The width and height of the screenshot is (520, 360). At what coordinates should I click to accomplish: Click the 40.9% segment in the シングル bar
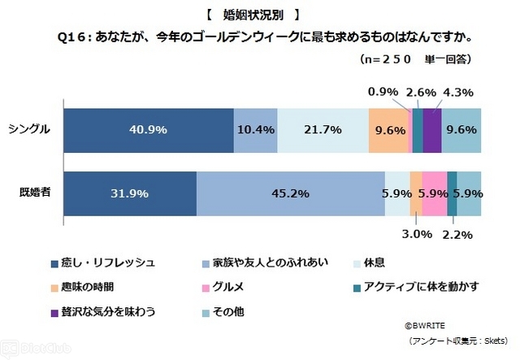(148, 129)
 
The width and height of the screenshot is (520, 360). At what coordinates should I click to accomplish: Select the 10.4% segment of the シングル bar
(255, 129)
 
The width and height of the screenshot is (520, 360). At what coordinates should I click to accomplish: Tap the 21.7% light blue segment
(322, 129)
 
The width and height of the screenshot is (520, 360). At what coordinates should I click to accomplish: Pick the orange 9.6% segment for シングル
(388, 129)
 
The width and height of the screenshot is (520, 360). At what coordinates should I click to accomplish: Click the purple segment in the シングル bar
(432, 129)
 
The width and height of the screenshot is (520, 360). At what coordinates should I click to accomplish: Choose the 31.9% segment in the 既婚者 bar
(129, 193)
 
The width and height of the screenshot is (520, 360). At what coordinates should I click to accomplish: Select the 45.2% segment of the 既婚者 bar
(290, 193)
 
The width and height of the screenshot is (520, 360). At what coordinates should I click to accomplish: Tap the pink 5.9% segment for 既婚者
(434, 193)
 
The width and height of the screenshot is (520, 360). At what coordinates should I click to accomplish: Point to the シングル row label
(29, 129)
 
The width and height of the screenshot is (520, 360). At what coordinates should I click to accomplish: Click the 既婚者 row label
(32, 193)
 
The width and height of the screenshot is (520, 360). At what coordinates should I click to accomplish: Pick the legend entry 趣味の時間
(89, 288)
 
